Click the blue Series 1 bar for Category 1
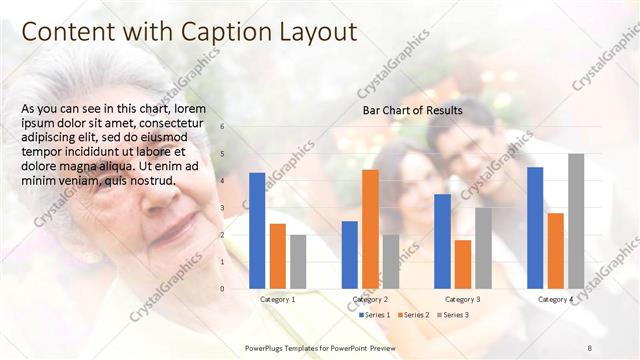[257, 230]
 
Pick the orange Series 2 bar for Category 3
[462, 264]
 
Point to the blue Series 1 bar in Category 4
[535, 227]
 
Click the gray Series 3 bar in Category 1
[298, 261]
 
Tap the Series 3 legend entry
[452, 315]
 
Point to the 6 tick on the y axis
[222, 127]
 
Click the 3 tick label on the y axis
[222, 208]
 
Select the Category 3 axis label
[462, 299]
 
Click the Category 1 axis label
[277, 299]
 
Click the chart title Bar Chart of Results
[412, 111]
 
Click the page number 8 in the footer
[590, 346]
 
